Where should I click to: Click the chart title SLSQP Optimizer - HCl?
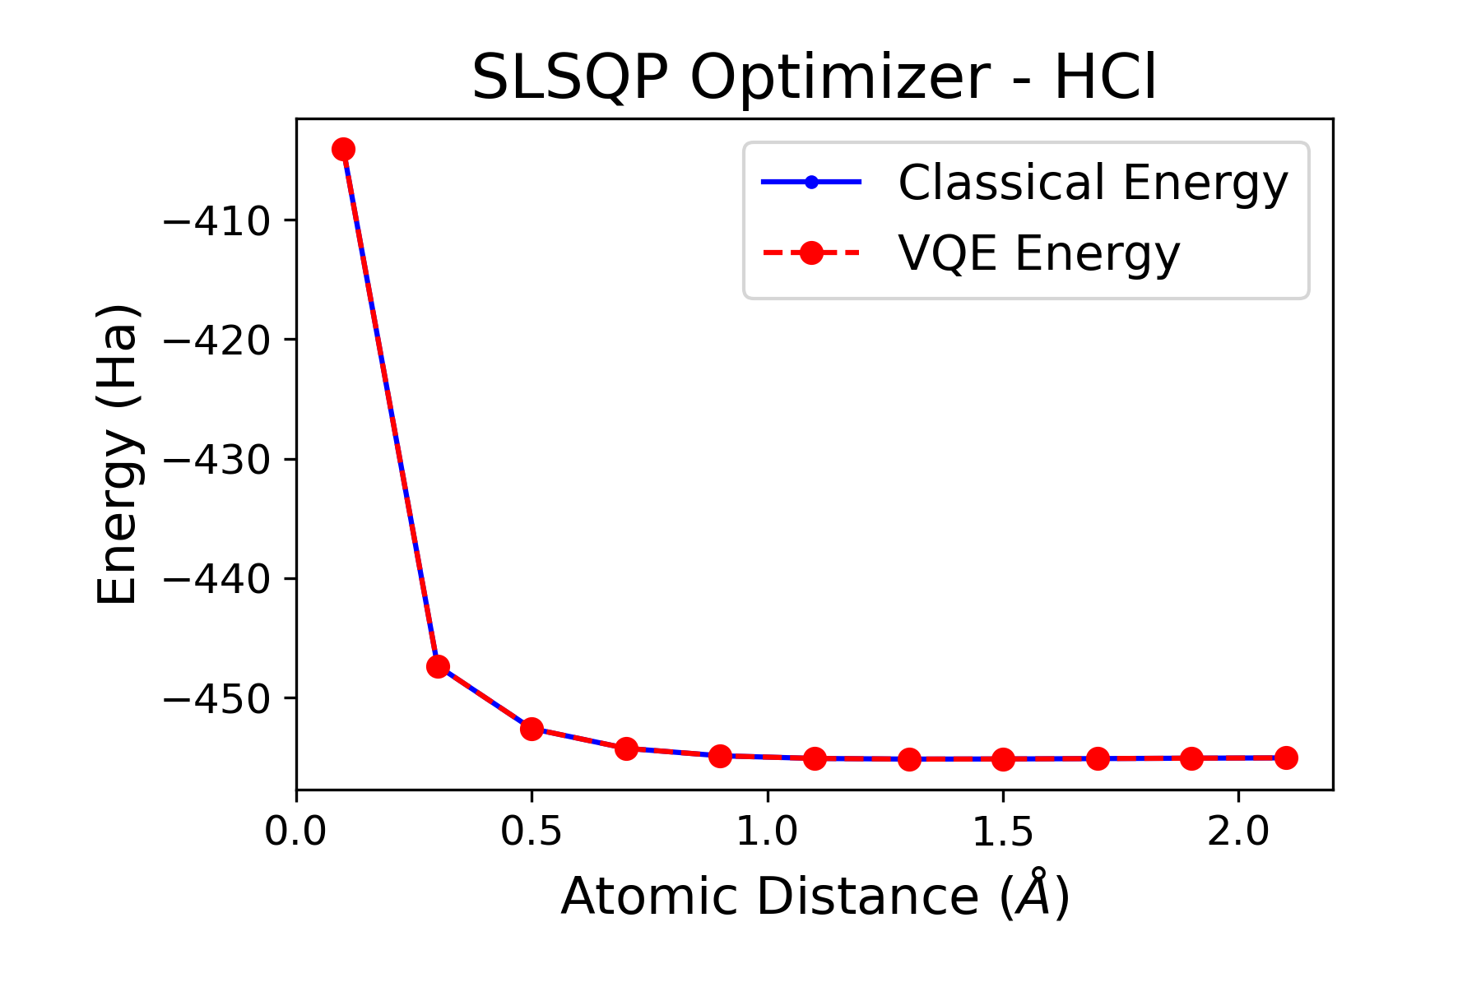814,78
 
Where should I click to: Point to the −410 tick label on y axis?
217,221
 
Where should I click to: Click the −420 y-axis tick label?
217,341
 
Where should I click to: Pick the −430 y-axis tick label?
217,460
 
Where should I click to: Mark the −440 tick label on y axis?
217,580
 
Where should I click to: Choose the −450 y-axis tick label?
217,699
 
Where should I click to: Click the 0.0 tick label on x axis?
296,832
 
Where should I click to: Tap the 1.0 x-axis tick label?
767,832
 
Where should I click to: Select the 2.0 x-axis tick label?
1237,832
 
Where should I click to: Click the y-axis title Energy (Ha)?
117,454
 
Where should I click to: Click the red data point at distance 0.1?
344,149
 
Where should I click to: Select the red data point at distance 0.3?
438,666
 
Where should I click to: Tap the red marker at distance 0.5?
532,729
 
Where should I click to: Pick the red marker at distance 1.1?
815,758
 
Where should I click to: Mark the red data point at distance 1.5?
1003,759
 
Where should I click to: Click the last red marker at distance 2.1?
1286,758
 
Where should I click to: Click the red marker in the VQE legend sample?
811,253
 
